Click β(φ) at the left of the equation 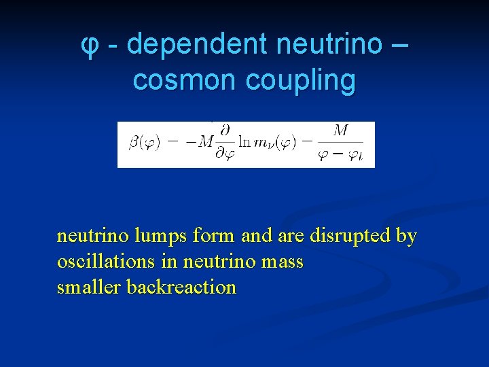click(144, 144)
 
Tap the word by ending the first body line click(406, 237)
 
